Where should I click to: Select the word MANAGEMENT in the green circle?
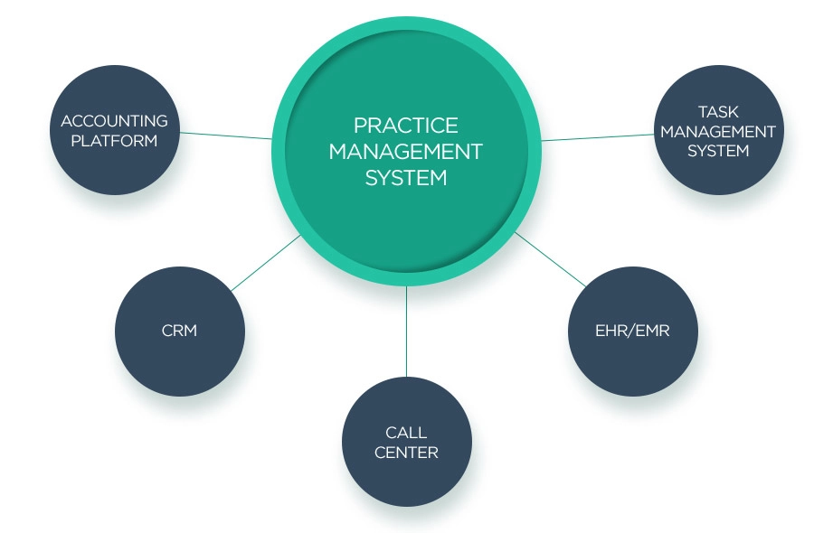pyautogui.click(x=406, y=150)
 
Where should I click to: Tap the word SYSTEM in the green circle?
pyautogui.click(x=406, y=177)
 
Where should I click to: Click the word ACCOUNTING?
pyautogui.click(x=114, y=121)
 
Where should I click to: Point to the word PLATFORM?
pyautogui.click(x=114, y=141)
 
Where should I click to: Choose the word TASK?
pyautogui.click(x=718, y=112)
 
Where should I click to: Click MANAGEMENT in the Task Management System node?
pyautogui.click(x=718, y=131)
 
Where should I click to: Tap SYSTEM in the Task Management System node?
pyautogui.click(x=718, y=151)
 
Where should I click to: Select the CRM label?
pyautogui.click(x=179, y=331)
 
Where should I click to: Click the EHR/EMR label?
pyautogui.click(x=632, y=331)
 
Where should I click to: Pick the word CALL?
pyautogui.click(x=406, y=433)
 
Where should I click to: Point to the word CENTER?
pyautogui.click(x=406, y=452)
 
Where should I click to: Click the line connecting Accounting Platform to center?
pyautogui.click(x=226, y=135)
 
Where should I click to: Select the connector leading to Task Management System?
pyautogui.click(x=597, y=137)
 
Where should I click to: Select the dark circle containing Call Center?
pyautogui.click(x=406, y=483)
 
